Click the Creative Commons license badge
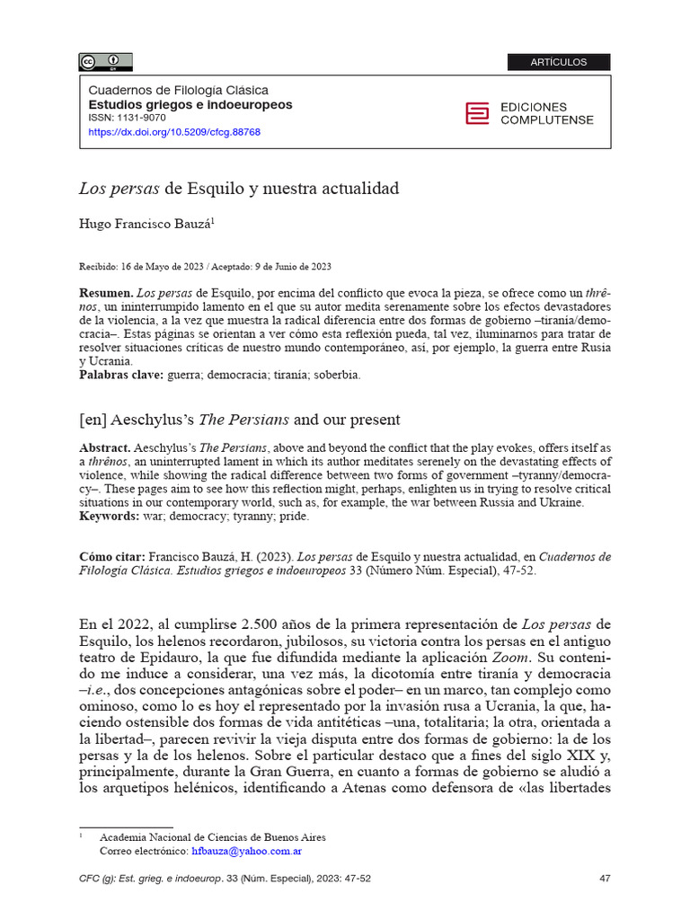tap(105, 62)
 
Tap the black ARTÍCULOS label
tap(558, 62)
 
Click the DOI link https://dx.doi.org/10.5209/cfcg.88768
tap(174, 132)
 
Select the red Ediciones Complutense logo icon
tap(477, 113)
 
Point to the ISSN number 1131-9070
tap(140, 119)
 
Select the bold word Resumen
tap(105, 294)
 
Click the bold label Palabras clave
tap(120, 375)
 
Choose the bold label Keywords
tap(110, 517)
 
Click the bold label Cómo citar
tap(111, 557)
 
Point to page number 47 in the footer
tap(605, 878)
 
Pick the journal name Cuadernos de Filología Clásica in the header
tap(178, 91)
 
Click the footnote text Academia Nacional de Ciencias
tap(212, 836)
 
